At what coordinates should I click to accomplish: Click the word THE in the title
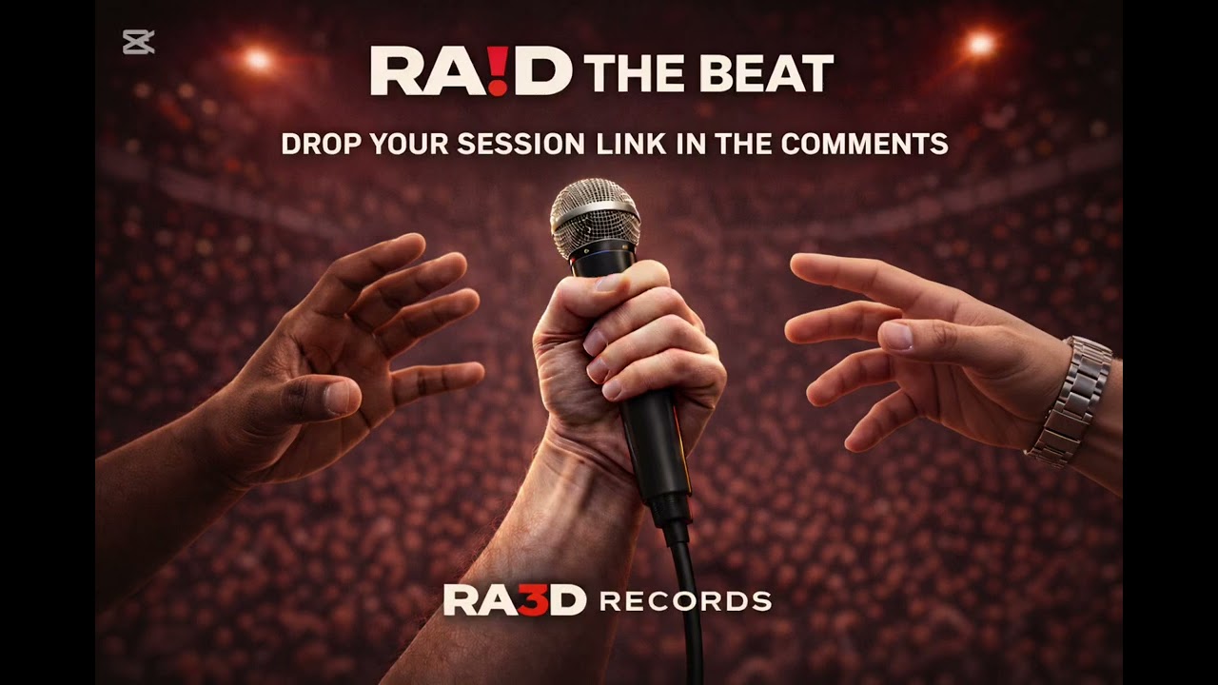click(630, 73)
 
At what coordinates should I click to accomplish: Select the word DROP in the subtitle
click(321, 145)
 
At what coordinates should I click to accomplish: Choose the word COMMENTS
click(864, 145)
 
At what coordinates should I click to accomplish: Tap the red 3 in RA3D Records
click(535, 600)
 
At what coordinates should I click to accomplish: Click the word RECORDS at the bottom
click(685, 601)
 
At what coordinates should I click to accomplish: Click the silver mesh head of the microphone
click(594, 218)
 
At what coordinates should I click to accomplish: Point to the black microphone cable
click(688, 590)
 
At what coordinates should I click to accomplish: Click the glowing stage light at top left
click(257, 59)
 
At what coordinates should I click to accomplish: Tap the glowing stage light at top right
click(979, 43)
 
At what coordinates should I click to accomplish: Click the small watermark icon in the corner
click(138, 42)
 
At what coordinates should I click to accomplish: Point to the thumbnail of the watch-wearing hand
click(896, 335)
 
